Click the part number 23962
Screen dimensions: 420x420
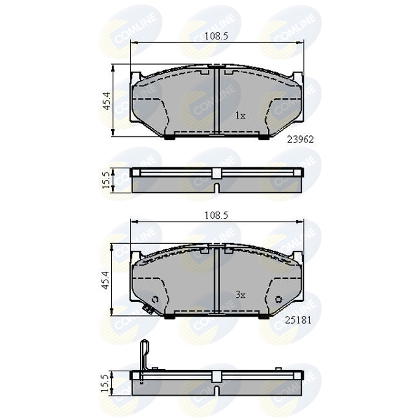click(300, 139)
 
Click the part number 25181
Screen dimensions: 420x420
click(298, 320)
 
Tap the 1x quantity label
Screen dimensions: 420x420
click(240, 116)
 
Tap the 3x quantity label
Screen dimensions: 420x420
click(240, 295)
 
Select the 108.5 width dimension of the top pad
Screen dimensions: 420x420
click(216, 36)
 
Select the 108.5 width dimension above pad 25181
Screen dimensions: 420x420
click(216, 215)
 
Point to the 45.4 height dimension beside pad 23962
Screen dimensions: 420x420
click(106, 101)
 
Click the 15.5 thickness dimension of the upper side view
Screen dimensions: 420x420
click(106, 180)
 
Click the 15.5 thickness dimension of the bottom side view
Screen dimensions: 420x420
click(106, 383)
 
